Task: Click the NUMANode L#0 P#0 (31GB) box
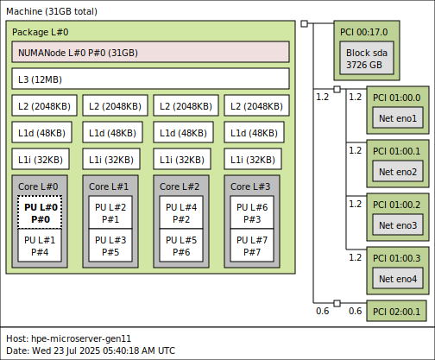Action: (150, 52)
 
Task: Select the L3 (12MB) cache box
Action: (150, 79)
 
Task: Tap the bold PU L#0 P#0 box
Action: (40, 212)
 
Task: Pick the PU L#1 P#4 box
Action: (40, 246)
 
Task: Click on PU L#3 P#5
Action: (110, 246)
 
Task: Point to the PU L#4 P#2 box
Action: (181, 212)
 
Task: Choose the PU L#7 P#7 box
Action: (252, 246)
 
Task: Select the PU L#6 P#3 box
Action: (252, 212)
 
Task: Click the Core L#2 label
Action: (180, 186)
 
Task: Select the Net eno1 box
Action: (397, 118)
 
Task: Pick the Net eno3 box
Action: (397, 225)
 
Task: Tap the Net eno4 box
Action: (397, 279)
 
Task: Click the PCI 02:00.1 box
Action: (397, 311)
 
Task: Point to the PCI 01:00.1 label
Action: (396, 151)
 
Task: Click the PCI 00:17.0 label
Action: (363, 32)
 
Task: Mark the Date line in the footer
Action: (90, 351)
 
